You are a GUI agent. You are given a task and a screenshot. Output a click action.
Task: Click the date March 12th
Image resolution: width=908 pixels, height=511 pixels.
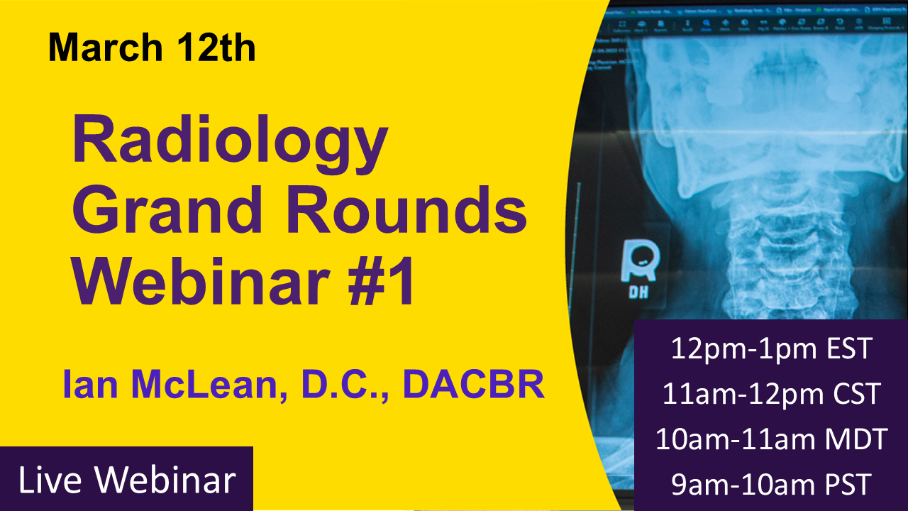pos(152,48)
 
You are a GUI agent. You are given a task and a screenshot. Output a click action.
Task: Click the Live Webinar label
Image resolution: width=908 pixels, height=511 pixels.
pos(126,480)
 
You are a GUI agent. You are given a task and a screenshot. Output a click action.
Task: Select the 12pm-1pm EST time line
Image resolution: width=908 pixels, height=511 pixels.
pos(771,348)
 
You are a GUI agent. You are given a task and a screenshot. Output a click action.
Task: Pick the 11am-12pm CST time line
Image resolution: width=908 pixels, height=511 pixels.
pos(771,394)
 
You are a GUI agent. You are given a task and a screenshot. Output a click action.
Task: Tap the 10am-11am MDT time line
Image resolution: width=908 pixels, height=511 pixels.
pos(771,439)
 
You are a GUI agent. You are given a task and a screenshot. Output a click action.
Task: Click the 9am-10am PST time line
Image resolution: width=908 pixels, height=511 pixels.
pos(771,485)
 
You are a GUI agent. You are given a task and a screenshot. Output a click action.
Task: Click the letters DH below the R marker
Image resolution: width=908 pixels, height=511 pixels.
pos(639,292)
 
